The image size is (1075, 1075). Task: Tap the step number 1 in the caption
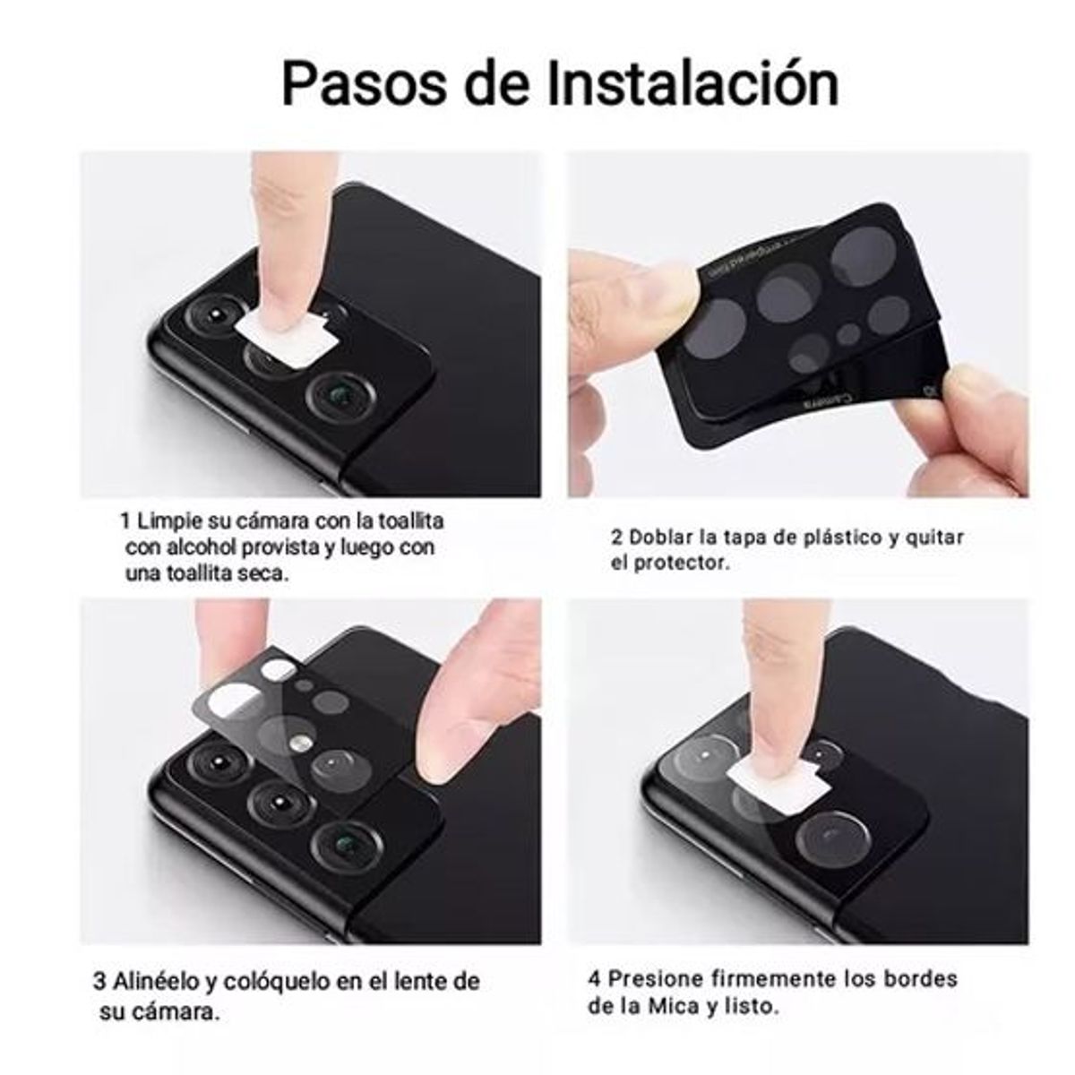tap(125, 520)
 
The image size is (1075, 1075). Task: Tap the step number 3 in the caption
tap(99, 980)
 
